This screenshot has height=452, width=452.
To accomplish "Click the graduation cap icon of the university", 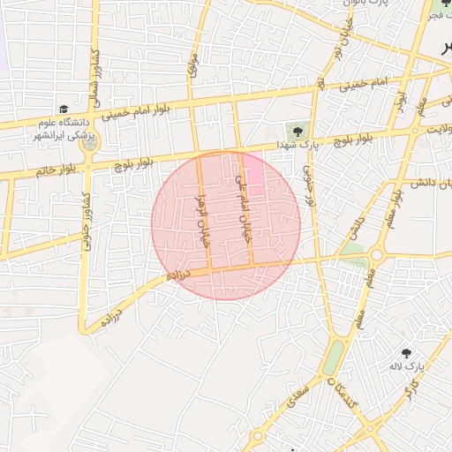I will click(63, 108).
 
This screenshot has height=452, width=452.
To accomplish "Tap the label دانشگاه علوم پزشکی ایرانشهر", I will click(64, 128).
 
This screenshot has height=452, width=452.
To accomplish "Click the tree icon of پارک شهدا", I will click(297, 132).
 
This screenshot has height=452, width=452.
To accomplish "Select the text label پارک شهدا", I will click(296, 144).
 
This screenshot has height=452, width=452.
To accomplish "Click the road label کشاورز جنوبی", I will click(87, 224).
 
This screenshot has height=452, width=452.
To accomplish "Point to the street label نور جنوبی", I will click(309, 182).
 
